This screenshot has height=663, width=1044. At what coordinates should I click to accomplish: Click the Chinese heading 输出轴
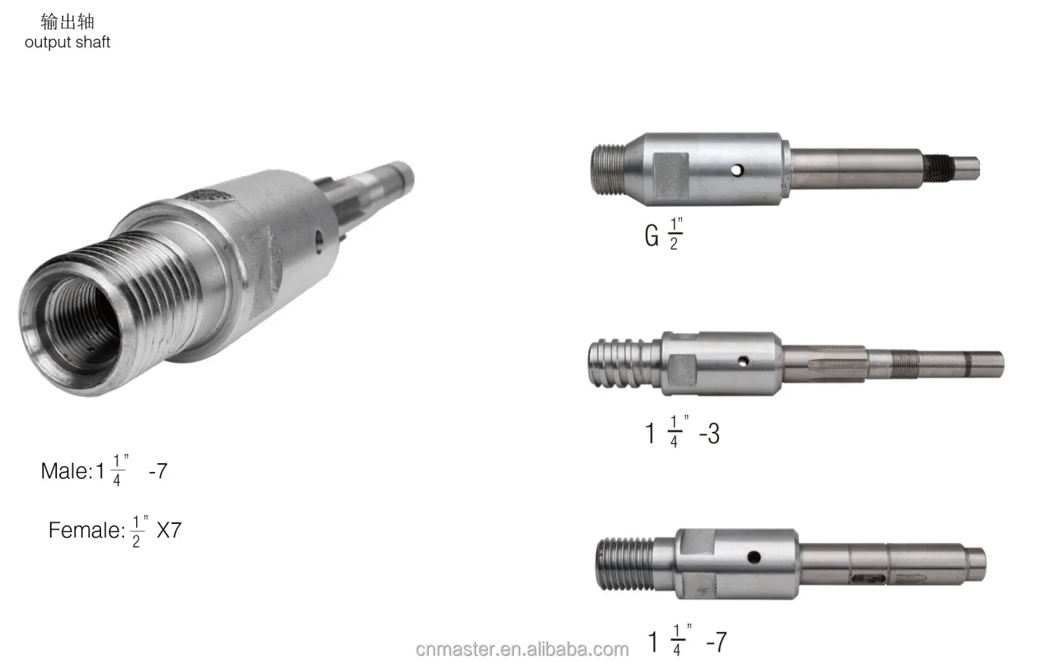pyautogui.click(x=67, y=21)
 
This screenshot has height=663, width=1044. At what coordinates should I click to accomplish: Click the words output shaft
pyautogui.click(x=67, y=42)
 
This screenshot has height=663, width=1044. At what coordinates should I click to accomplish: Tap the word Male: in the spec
pyautogui.click(x=66, y=471)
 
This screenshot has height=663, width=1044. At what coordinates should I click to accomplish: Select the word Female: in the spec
pyautogui.click(x=86, y=530)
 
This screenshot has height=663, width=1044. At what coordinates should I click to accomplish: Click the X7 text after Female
pyautogui.click(x=169, y=530)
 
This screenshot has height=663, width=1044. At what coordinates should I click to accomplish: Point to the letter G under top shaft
pyautogui.click(x=651, y=235)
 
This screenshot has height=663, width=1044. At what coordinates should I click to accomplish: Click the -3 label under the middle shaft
pyautogui.click(x=709, y=433)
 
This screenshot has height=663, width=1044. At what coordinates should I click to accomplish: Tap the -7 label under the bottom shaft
pyautogui.click(x=716, y=642)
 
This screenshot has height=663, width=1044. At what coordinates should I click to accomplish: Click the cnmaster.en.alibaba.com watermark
pyautogui.click(x=522, y=649)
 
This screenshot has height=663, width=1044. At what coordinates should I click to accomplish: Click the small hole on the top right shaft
pyautogui.click(x=737, y=170)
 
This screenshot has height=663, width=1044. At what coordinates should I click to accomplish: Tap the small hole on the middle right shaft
pyautogui.click(x=744, y=360)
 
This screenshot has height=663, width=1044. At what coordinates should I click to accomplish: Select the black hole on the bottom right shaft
pyautogui.click(x=754, y=557)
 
